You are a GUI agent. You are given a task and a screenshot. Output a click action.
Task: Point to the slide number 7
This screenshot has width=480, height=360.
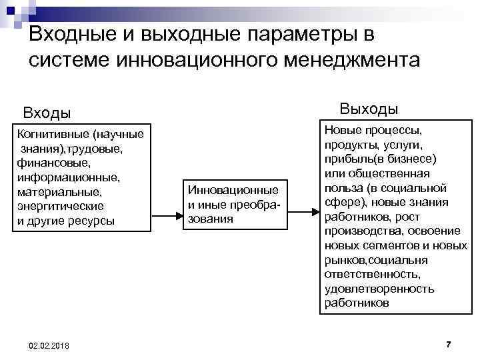[449, 343]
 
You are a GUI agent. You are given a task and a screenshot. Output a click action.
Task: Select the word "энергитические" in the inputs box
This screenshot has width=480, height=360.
[61, 207]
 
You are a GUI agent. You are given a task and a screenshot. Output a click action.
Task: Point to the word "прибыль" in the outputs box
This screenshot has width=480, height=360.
[345, 159]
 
